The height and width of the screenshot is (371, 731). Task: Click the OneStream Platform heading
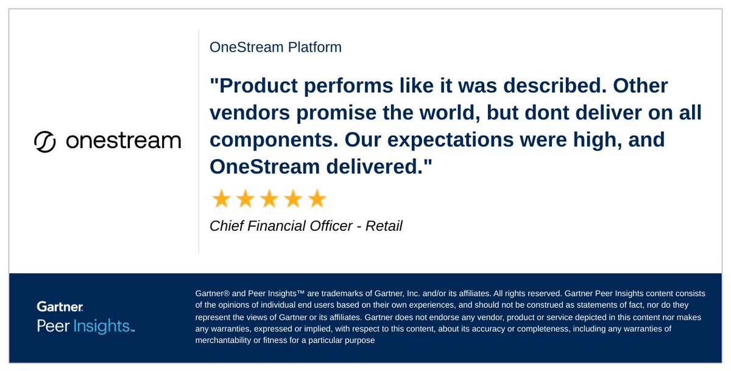pos(275,47)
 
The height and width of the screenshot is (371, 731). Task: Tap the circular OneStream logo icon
pos(45,141)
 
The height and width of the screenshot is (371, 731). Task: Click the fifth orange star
pos(317,199)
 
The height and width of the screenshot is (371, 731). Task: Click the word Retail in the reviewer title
pos(384,226)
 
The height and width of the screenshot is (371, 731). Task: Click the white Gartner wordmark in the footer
pos(60,306)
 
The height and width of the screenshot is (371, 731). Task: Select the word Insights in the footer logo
pos(101,326)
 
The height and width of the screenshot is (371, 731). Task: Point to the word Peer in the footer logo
pos(54,326)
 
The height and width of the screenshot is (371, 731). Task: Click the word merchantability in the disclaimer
pos(223,341)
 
